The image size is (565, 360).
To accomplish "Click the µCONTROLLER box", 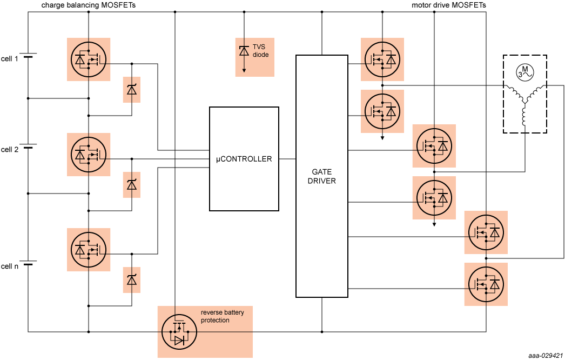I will pyautogui.click(x=244, y=159).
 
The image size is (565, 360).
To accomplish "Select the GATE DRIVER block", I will pyautogui.click(x=321, y=176).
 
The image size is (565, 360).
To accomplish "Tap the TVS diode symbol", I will pyautogui.click(x=244, y=51).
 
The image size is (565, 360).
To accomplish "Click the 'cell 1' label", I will pyautogui.click(x=10, y=58).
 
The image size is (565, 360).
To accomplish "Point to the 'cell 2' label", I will pyautogui.click(x=10, y=149).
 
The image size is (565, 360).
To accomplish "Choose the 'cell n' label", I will pyautogui.click(x=10, y=266).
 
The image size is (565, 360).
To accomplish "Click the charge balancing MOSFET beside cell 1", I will pyautogui.click(x=88, y=59).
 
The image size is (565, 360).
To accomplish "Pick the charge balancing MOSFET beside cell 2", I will pyautogui.click(x=88, y=155).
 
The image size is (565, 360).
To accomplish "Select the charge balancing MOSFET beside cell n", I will pyautogui.click(x=88, y=250).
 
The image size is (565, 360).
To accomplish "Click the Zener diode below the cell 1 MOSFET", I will pyautogui.click(x=132, y=90).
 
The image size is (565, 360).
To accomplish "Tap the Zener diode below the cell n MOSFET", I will pyautogui.click(x=132, y=280).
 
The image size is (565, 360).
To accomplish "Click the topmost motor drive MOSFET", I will pyautogui.click(x=382, y=59).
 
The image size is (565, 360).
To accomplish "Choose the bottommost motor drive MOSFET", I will pyautogui.click(x=486, y=284).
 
